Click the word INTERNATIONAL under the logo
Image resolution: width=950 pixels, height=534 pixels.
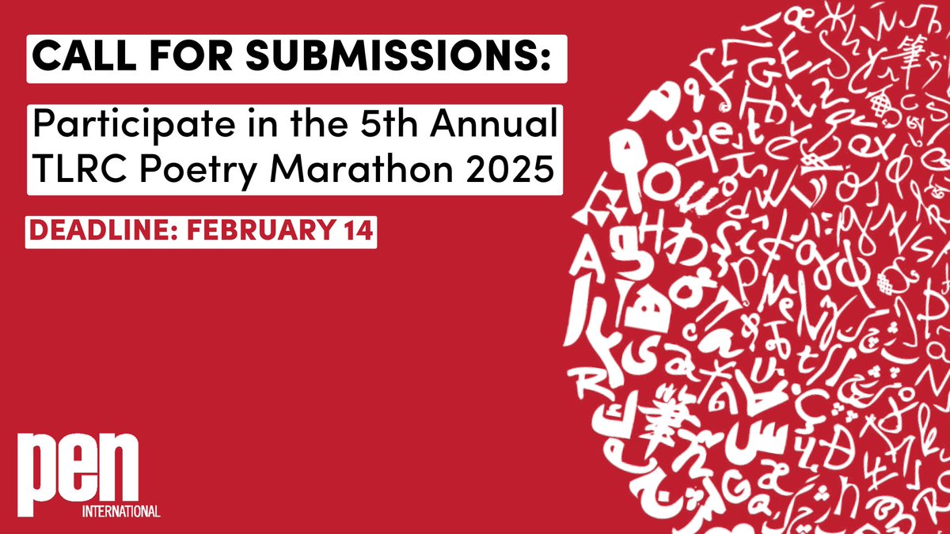click(x=121, y=510)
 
